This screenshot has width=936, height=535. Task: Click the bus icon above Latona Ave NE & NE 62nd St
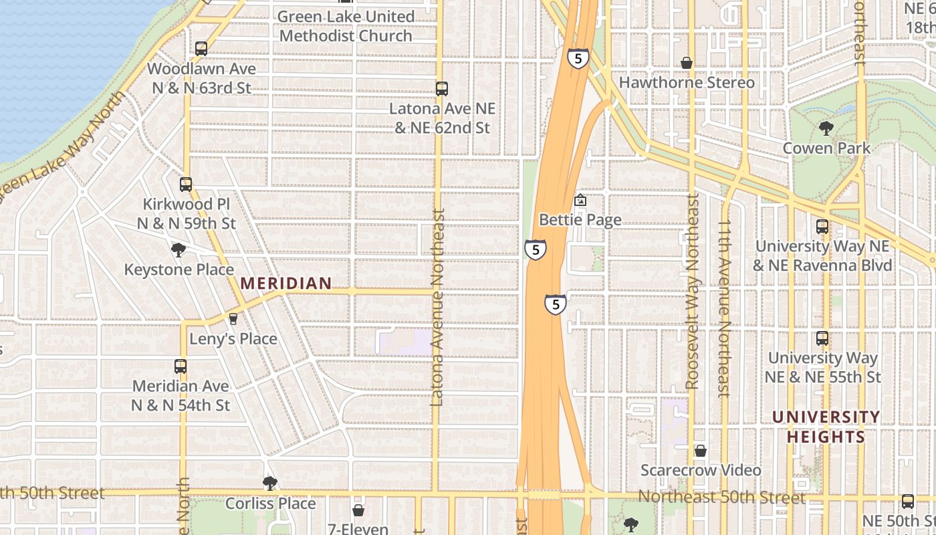(x=441, y=88)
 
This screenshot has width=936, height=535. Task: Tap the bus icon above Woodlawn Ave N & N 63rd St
(x=201, y=49)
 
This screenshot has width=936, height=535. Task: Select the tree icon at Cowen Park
(x=826, y=128)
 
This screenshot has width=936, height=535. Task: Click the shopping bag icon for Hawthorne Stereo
(x=686, y=63)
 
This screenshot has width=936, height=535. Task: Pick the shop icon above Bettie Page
(x=580, y=200)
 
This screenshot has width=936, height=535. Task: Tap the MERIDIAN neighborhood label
(x=286, y=284)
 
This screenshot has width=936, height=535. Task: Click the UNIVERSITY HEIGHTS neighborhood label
(x=826, y=427)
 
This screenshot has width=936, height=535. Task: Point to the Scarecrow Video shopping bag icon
(x=700, y=451)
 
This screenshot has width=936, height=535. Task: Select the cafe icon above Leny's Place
(x=233, y=319)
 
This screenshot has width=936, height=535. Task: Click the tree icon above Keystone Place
(x=178, y=250)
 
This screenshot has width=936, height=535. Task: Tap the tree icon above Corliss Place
(x=269, y=483)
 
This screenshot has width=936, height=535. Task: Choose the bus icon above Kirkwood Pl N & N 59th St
(x=186, y=185)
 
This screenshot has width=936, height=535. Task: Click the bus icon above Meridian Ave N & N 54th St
(x=181, y=366)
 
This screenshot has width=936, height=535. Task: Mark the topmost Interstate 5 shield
(x=578, y=58)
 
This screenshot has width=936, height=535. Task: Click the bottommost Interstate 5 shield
(x=555, y=304)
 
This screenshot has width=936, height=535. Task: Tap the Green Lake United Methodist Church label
(x=346, y=26)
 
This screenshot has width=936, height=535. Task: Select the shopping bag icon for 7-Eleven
(x=358, y=510)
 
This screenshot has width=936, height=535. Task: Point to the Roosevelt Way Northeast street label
(x=692, y=291)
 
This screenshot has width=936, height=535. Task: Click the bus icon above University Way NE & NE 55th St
(x=822, y=338)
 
